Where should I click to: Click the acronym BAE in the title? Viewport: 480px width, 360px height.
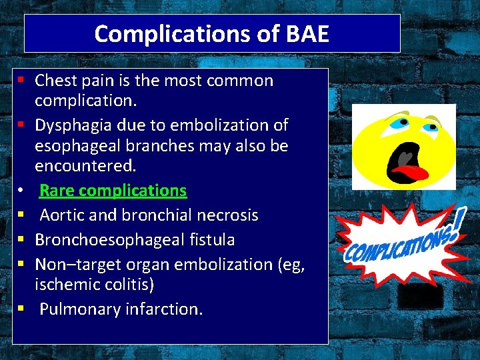307,33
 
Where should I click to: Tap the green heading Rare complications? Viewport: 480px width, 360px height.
113,190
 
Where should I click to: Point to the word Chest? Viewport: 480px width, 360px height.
57,81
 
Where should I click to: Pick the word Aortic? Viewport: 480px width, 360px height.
62,215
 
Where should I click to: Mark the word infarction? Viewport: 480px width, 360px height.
165,309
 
